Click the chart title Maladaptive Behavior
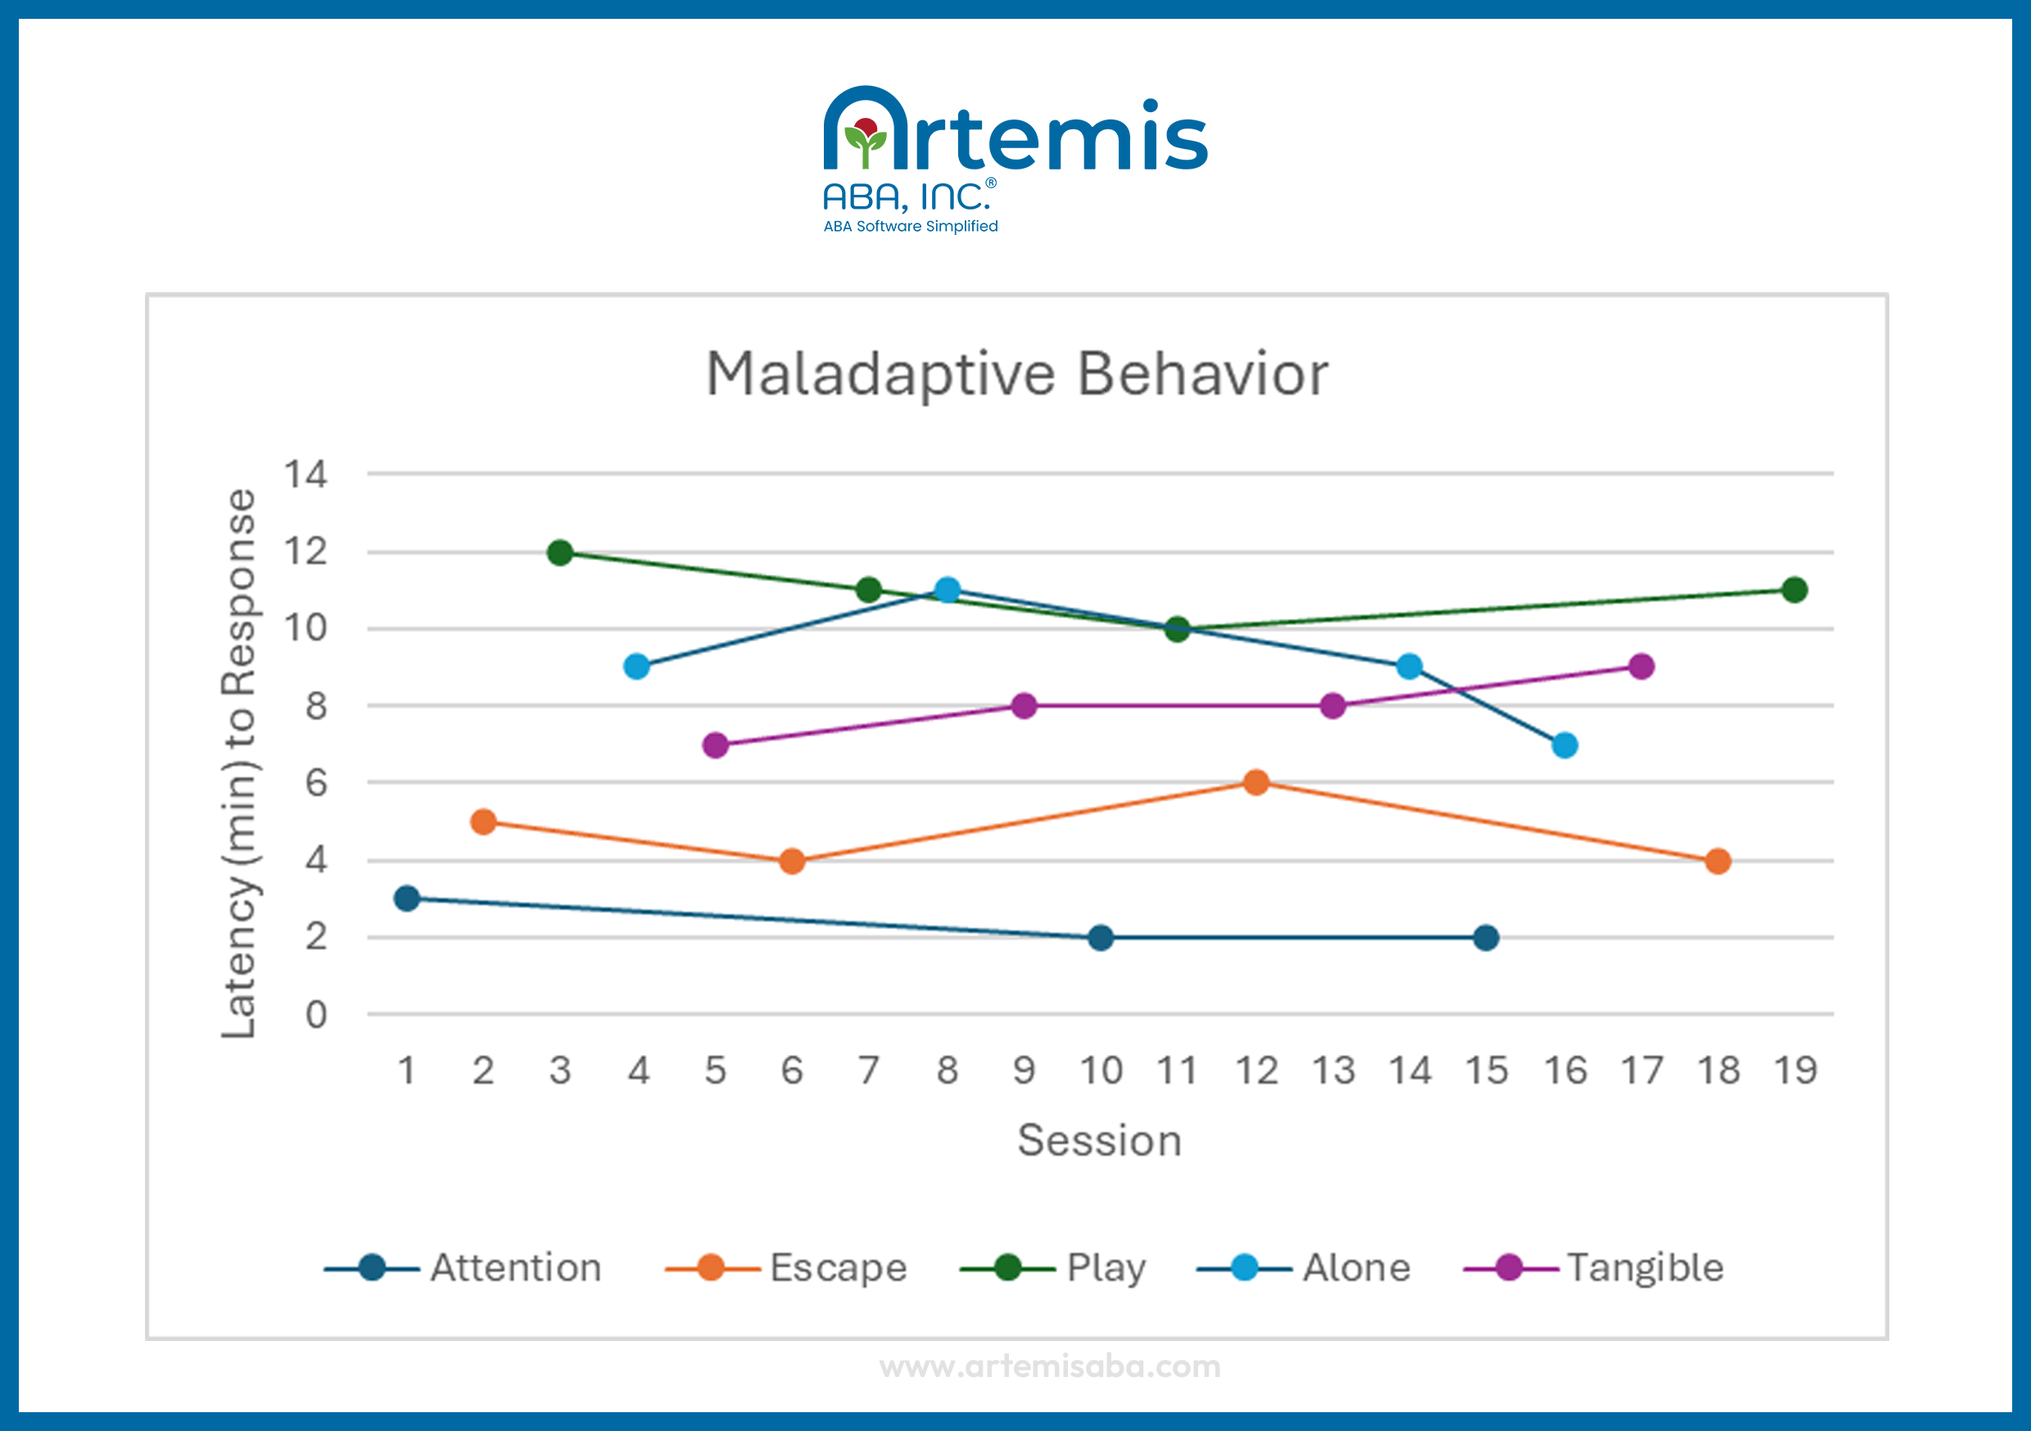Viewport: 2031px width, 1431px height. [1016, 374]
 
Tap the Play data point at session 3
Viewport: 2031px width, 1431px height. [560, 553]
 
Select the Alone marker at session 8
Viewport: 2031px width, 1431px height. [948, 590]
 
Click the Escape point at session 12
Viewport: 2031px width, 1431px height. [1256, 782]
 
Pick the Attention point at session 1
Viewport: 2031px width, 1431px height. [407, 899]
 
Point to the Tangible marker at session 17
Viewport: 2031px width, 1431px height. [1641, 667]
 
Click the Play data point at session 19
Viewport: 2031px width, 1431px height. [1795, 590]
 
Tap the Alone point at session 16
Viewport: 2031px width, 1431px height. [1565, 746]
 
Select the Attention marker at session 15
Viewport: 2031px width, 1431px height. [1486, 937]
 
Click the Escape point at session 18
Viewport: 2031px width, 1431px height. [1718, 860]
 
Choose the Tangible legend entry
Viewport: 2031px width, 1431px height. [1594, 1267]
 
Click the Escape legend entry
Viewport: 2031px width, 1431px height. [787, 1267]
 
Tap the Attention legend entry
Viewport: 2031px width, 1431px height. [464, 1267]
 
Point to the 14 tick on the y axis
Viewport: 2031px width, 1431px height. [305, 475]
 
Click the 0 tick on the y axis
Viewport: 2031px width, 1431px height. [316, 1014]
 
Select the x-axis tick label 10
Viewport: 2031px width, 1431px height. [1101, 1071]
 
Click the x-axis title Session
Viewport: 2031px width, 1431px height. [1100, 1140]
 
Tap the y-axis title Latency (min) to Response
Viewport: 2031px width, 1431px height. [239, 762]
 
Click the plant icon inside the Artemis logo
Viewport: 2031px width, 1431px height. [865, 142]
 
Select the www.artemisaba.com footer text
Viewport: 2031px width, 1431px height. [1050, 1366]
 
